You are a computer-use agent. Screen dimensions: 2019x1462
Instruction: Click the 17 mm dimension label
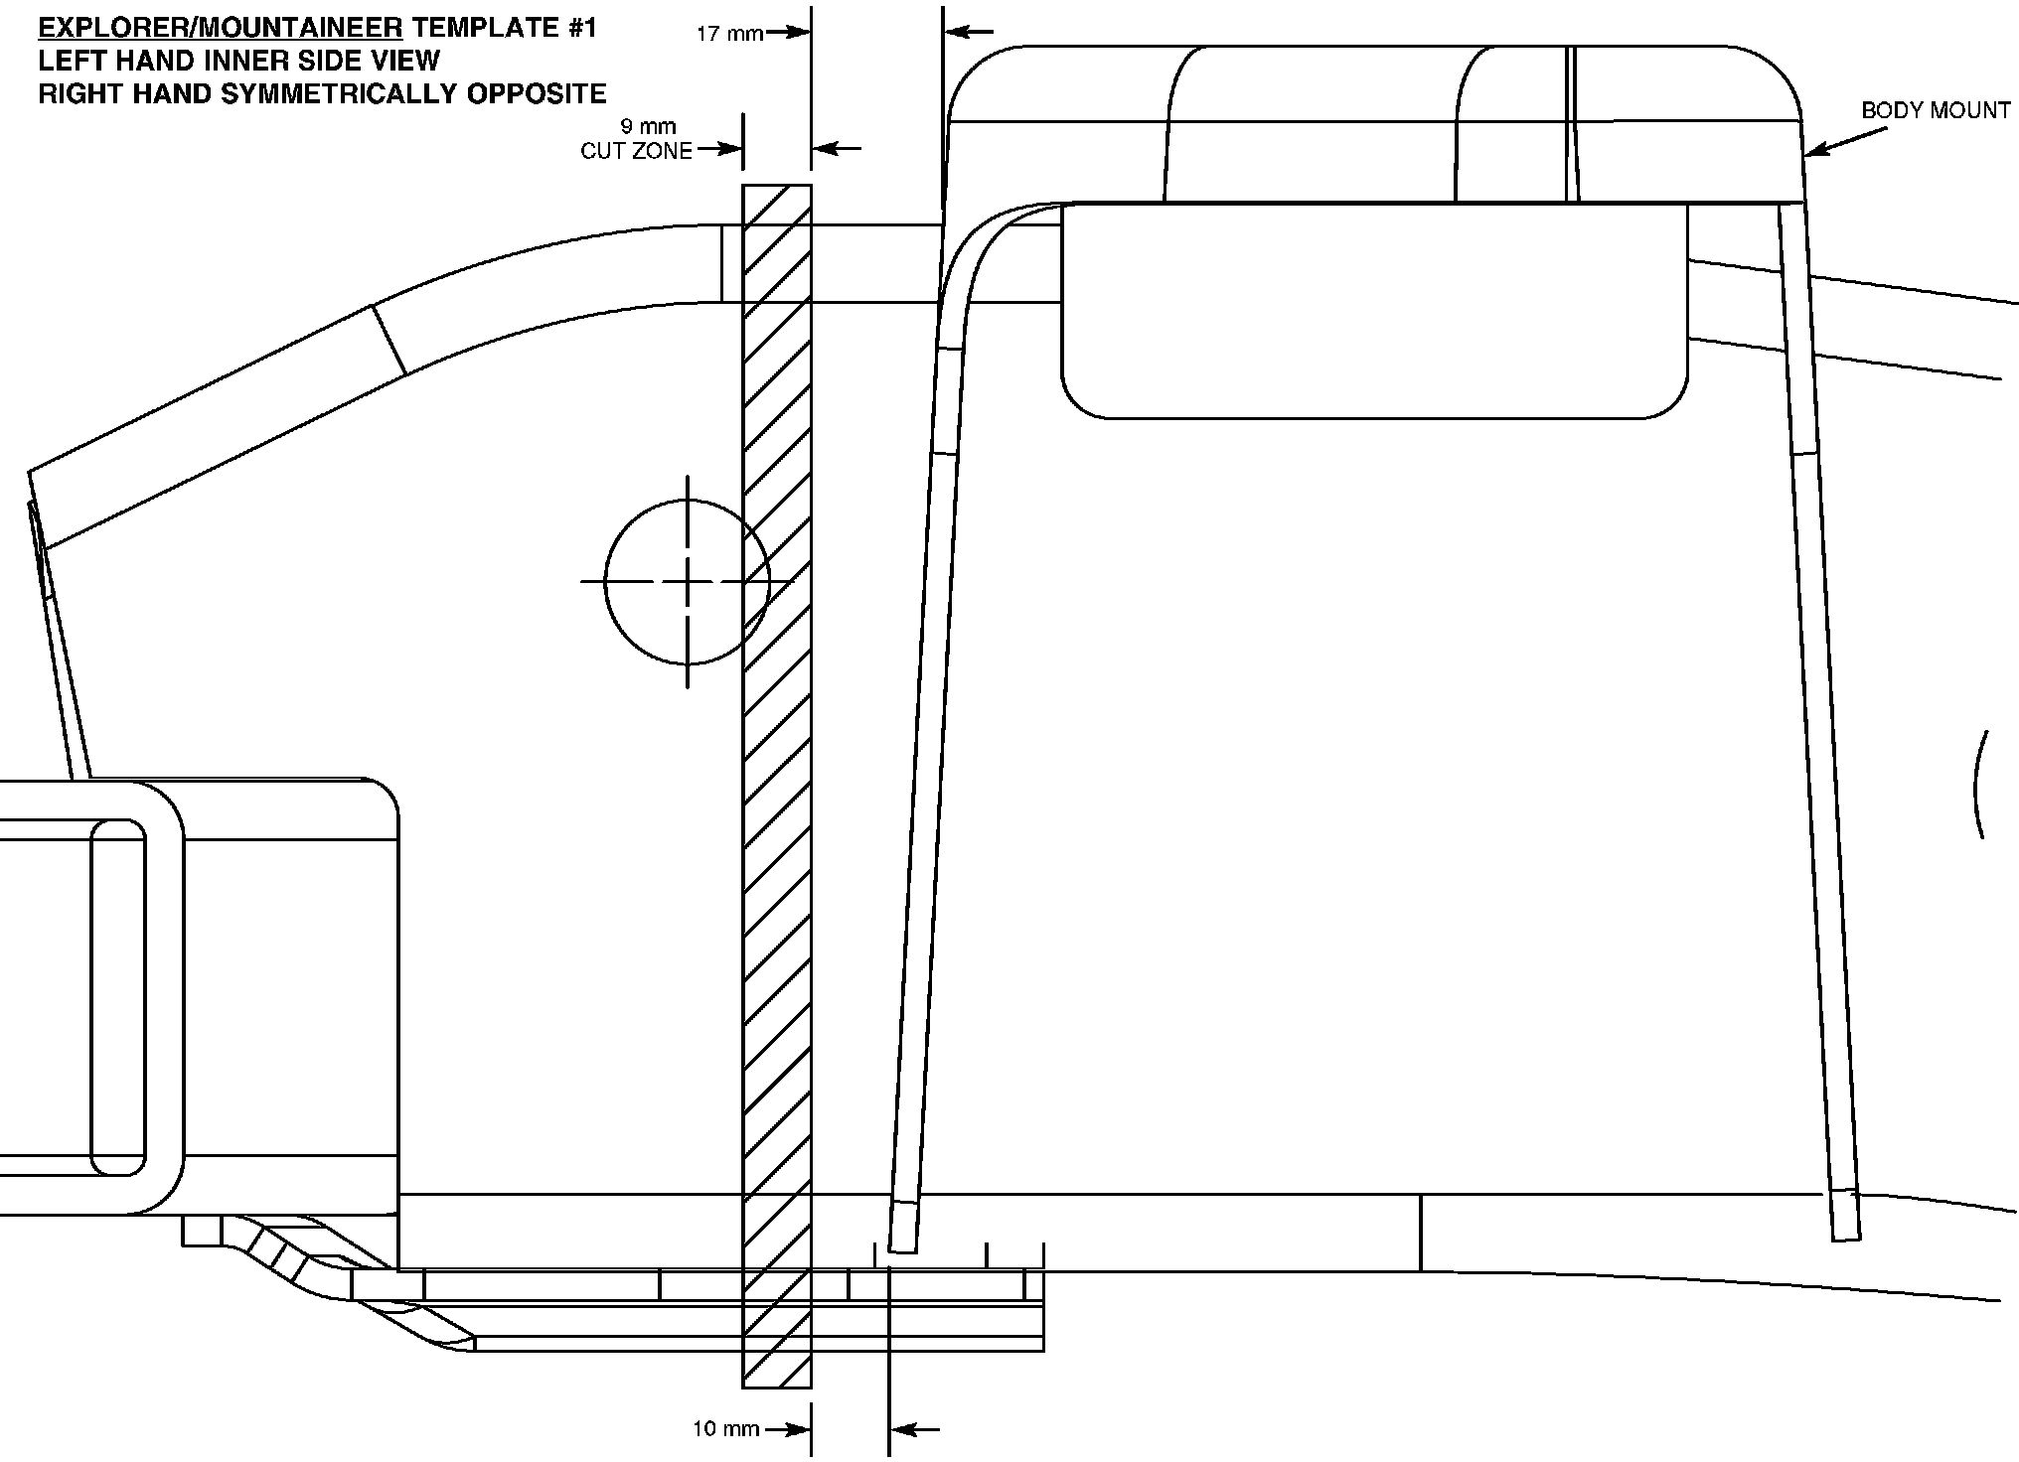coord(729,33)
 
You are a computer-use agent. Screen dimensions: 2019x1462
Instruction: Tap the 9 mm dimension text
coord(648,126)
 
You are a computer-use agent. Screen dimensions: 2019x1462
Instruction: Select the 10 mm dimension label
coord(726,1429)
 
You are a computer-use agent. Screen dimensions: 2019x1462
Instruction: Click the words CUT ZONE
coord(636,151)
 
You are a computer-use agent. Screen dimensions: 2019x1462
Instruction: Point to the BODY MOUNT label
coord(1936,110)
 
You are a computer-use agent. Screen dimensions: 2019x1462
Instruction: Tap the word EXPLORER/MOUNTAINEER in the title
coord(221,28)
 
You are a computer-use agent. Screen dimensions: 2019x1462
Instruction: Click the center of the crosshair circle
coord(688,581)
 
